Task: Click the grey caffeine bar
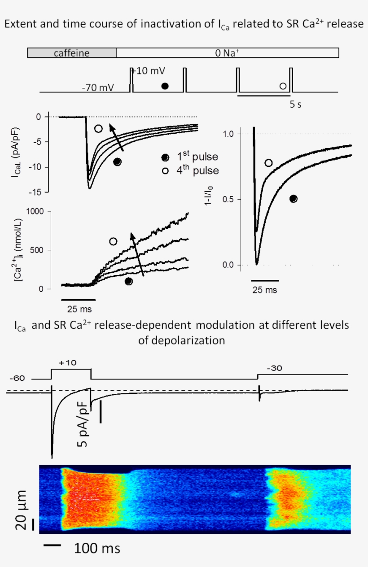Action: coord(72,53)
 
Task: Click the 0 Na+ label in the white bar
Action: coord(227,53)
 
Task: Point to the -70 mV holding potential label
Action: coord(97,87)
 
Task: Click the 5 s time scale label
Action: coord(295,105)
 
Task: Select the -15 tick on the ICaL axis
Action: coord(39,192)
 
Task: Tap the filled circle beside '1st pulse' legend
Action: coord(166,157)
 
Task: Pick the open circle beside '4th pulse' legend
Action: coord(166,170)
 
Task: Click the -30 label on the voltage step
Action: coord(275,368)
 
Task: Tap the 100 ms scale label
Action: coord(97,548)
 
